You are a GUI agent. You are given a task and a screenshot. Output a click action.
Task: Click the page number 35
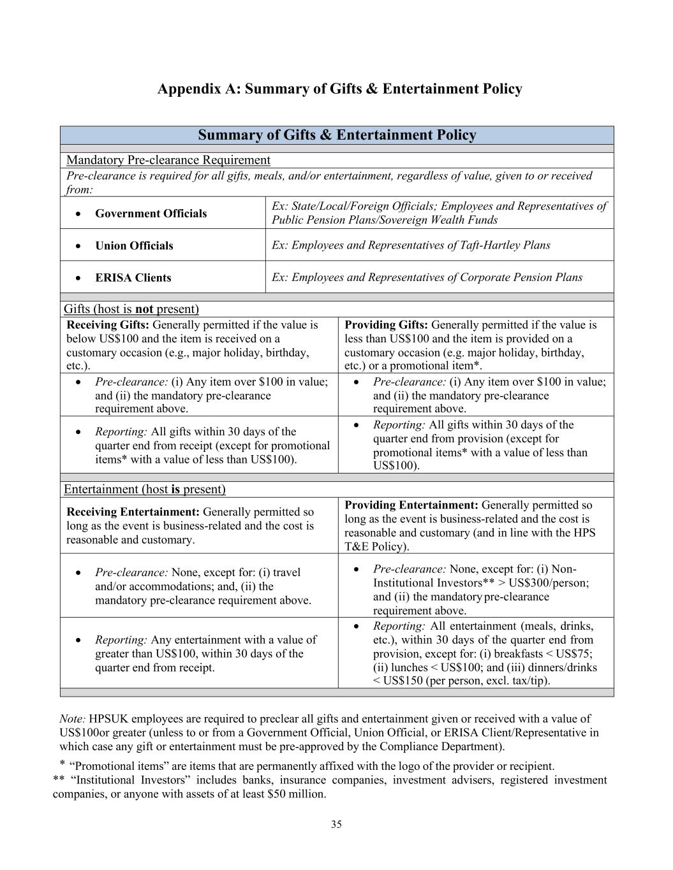point(336,824)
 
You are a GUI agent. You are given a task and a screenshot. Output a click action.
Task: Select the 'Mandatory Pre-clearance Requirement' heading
point(168,160)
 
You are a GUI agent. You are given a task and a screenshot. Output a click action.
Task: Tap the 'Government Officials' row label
point(151,214)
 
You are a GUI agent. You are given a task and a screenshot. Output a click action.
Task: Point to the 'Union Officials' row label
point(134,246)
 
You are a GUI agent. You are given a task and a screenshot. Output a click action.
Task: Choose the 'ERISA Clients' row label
point(133,278)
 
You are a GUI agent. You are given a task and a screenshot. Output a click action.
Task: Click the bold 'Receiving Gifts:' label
point(108,325)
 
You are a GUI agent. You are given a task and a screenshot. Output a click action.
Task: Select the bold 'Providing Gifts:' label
point(386,325)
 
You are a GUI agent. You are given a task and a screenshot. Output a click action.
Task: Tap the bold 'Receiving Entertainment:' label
point(133,512)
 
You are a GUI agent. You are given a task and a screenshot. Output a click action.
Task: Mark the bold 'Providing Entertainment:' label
point(411,505)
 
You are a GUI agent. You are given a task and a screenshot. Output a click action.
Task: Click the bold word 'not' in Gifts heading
point(144,309)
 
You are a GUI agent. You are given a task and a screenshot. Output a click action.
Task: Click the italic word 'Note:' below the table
point(73,719)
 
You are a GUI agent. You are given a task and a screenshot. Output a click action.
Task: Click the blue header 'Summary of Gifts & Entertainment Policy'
point(337,135)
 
